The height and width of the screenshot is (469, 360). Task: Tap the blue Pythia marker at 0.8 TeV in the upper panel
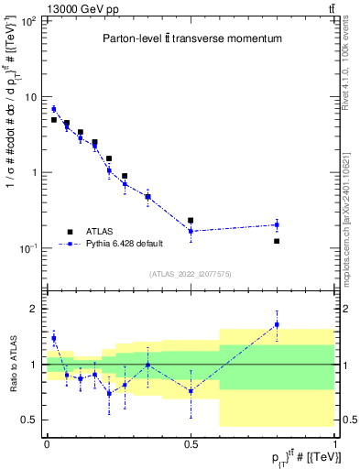[277, 224]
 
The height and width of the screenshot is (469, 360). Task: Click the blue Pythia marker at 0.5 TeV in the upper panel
[191, 231]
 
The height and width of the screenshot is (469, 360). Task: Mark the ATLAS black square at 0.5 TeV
[191, 221]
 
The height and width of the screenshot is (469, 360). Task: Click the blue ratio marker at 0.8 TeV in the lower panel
[277, 324]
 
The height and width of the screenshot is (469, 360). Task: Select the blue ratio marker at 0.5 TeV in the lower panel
[191, 391]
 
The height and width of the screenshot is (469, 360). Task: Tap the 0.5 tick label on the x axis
[190, 442]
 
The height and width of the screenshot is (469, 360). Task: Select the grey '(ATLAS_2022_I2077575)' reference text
[191, 274]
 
